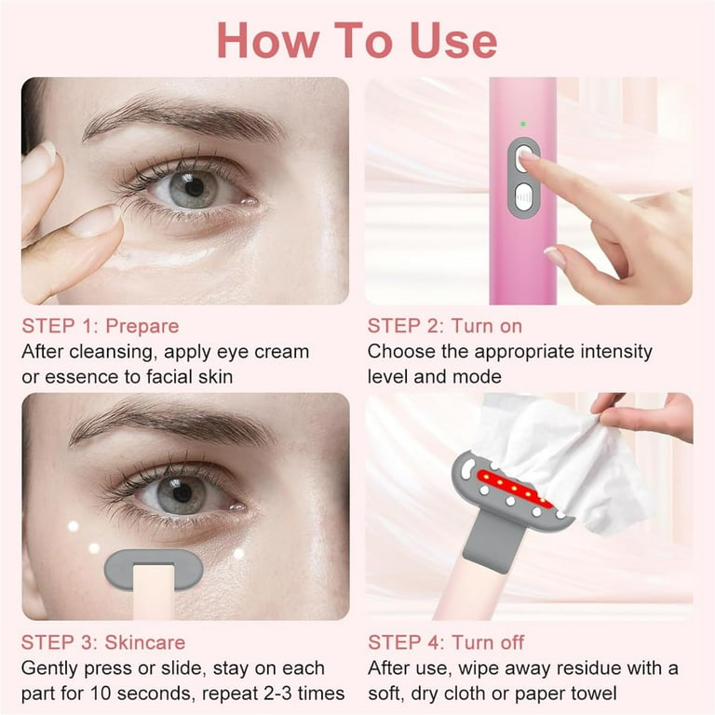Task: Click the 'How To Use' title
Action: (x=357, y=40)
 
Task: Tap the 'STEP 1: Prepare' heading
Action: (x=101, y=327)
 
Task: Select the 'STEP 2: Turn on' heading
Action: (x=445, y=327)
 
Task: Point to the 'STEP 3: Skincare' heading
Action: (x=103, y=642)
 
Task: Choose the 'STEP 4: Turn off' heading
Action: (x=446, y=642)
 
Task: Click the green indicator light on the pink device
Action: (x=523, y=124)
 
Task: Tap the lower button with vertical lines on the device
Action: (x=523, y=197)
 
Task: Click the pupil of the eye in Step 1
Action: (x=195, y=187)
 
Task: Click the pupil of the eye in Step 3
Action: (x=182, y=492)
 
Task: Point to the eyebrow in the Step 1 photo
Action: (x=182, y=117)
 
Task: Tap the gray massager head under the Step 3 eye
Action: (x=153, y=568)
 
